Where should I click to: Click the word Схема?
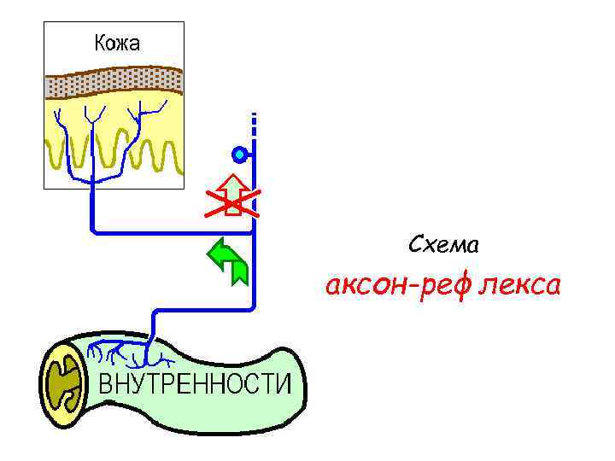pos(443,246)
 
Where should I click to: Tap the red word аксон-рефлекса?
pos(442,286)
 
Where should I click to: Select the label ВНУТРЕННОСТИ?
pos(196,385)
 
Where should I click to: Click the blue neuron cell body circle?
pos(240,155)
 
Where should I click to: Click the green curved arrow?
pos(229,260)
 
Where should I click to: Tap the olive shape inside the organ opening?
pos(63,383)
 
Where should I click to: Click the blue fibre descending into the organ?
pos(154,329)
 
